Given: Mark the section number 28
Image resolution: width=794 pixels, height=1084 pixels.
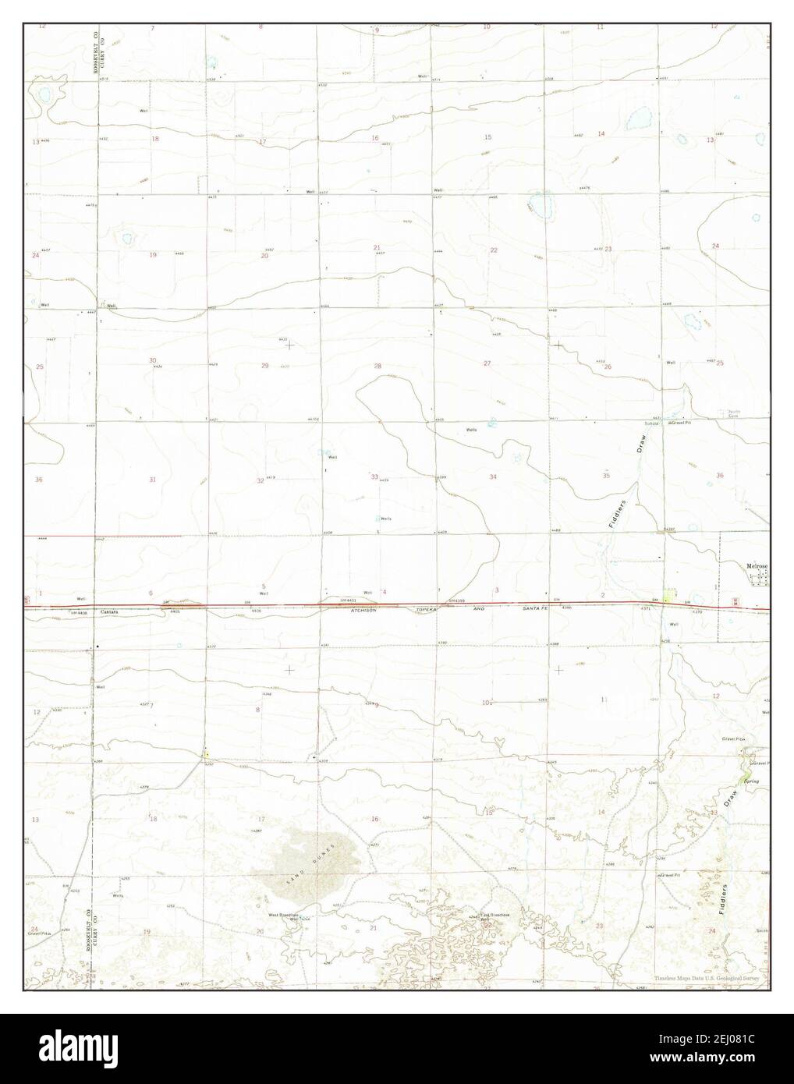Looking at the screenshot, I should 378,366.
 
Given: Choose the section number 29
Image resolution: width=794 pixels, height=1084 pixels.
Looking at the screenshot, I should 264,366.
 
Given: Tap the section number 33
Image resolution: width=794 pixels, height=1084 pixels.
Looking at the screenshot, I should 374,476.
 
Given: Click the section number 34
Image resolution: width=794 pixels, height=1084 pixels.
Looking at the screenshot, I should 493,476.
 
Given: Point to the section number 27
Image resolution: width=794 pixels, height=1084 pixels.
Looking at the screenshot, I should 487,364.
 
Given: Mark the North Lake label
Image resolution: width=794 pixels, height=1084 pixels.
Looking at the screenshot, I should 734,414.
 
